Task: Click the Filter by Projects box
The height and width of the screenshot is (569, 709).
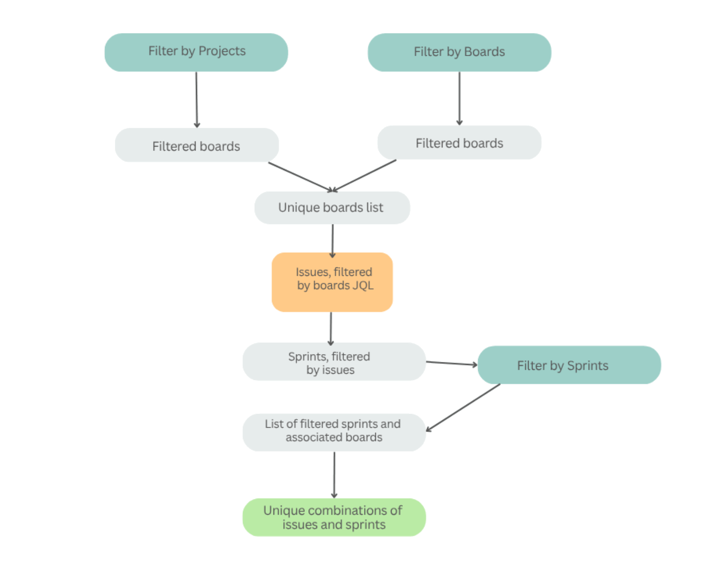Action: click(196, 52)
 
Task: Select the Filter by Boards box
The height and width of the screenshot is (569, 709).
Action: click(459, 52)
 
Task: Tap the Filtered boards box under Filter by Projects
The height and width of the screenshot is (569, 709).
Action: click(196, 145)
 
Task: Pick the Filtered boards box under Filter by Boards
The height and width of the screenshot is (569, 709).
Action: click(459, 143)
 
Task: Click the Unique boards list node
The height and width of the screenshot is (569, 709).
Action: click(332, 208)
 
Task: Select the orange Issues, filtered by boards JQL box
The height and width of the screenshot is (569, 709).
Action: click(332, 282)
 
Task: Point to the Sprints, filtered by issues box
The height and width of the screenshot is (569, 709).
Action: click(334, 362)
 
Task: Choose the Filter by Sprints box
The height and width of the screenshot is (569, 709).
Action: click(569, 365)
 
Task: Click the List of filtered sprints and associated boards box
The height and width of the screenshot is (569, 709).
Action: click(334, 432)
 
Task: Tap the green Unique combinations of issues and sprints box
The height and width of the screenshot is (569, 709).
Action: click(334, 517)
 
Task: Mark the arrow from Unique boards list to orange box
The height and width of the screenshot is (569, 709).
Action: click(332, 240)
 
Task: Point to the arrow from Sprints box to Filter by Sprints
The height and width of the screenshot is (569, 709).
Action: click(451, 363)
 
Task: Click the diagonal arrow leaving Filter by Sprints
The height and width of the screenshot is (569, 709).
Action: click(463, 408)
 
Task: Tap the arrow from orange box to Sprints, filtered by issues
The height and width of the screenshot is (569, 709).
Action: click(331, 328)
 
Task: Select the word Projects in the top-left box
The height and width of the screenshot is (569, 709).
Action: click(222, 51)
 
